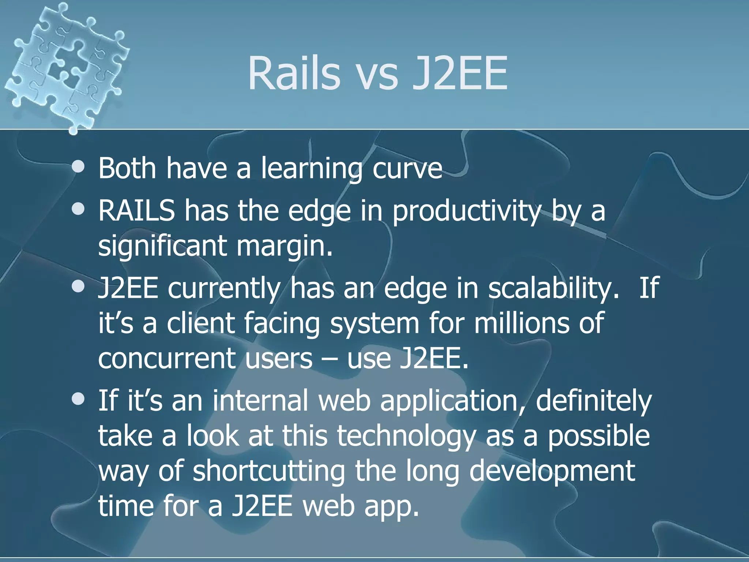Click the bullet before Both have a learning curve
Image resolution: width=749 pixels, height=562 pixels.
point(78,167)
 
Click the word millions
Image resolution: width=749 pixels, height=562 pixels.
point(521,323)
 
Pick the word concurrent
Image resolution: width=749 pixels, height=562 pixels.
point(167,359)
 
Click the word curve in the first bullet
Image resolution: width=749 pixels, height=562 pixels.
point(407,169)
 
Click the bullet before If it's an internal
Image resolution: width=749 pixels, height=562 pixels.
point(78,398)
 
